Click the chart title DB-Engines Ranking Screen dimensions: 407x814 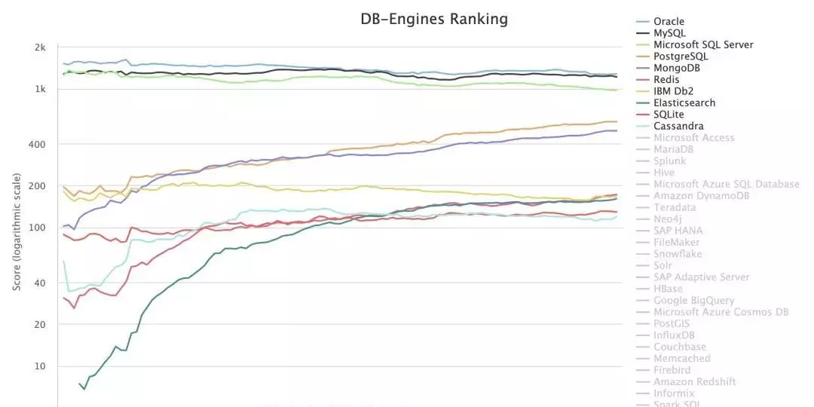(x=433, y=19)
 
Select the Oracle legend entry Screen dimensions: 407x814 (x=669, y=21)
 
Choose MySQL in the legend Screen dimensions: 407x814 (x=669, y=33)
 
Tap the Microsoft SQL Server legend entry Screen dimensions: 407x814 (x=702, y=44)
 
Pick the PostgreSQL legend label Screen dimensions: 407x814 (x=681, y=57)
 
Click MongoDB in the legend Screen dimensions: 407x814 (x=677, y=68)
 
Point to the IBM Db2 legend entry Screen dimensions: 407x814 (x=673, y=91)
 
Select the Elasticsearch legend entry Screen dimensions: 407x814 (x=684, y=103)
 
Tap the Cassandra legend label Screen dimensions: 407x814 (x=678, y=126)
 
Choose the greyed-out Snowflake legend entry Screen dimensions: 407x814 (x=677, y=254)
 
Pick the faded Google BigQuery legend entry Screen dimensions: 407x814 (x=693, y=300)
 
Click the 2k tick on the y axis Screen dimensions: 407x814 (x=41, y=47)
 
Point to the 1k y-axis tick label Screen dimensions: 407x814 (x=41, y=89)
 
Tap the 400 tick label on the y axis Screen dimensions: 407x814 (x=38, y=144)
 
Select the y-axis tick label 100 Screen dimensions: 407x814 (x=38, y=228)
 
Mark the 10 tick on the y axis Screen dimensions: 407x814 (x=41, y=366)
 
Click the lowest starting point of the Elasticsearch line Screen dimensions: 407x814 (x=84, y=389)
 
